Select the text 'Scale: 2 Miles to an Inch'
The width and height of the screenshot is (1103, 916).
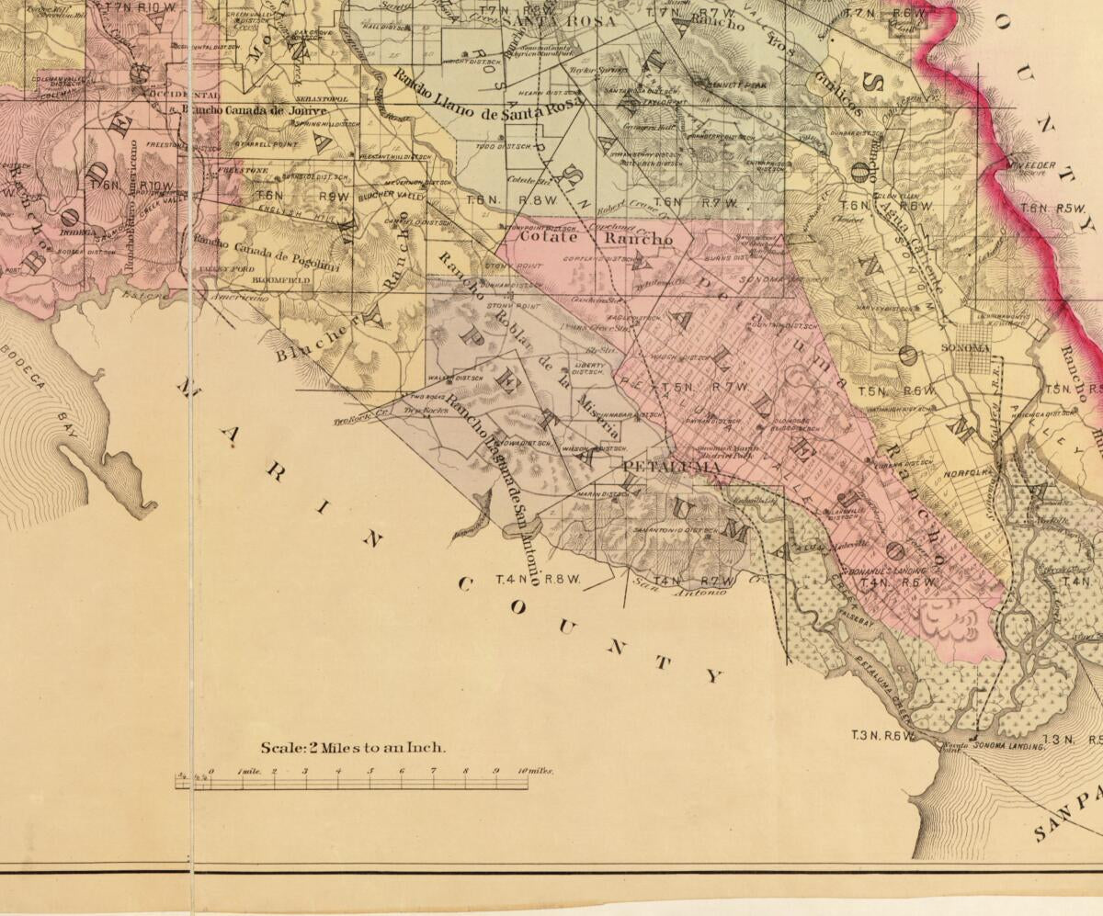353,748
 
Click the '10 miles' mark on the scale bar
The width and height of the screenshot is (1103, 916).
534,772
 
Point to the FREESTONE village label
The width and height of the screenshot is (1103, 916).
242,170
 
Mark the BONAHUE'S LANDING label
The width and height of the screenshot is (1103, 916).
881,571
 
